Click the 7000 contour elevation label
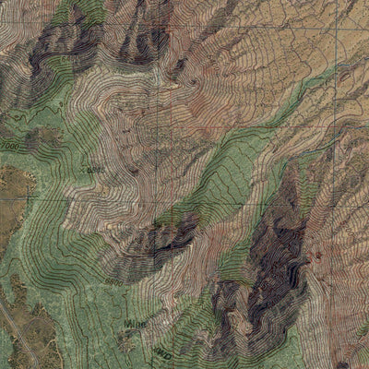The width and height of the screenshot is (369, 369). click(x=10, y=146)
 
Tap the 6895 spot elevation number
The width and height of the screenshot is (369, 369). click(x=92, y=169)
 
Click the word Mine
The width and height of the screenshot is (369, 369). click(x=131, y=325)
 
